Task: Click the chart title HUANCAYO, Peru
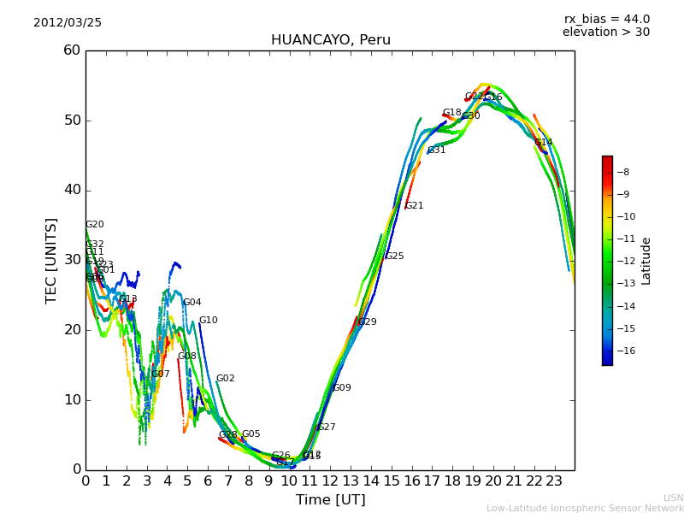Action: click(x=330, y=40)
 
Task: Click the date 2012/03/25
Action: click(x=68, y=23)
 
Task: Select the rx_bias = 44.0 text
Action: click(x=606, y=20)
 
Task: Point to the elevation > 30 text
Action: click(x=605, y=32)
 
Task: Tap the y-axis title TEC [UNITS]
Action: click(x=51, y=261)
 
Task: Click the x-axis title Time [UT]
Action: click(x=330, y=500)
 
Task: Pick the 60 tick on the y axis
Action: click(x=72, y=50)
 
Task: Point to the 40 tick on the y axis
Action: click(x=72, y=190)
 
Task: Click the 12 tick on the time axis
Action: click(x=330, y=481)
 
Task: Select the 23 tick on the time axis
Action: click(x=554, y=481)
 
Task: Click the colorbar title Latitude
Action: click(x=646, y=261)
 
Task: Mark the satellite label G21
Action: click(x=414, y=206)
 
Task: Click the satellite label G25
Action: click(x=394, y=256)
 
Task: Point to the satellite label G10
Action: click(x=208, y=321)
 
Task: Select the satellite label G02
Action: click(x=225, y=379)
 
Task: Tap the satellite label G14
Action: click(x=543, y=143)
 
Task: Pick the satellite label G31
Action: click(x=436, y=150)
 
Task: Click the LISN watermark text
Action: click(x=673, y=498)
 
